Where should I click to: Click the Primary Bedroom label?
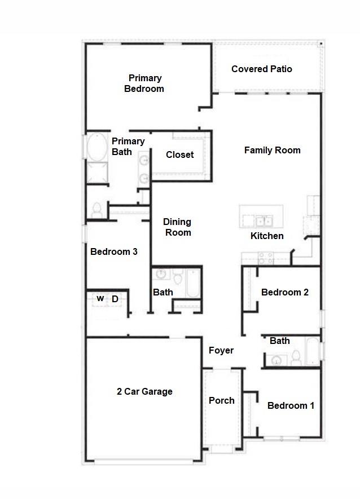pyautogui.click(x=144, y=83)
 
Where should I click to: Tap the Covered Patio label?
pyautogui.click(x=262, y=69)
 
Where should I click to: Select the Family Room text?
pyautogui.click(x=272, y=151)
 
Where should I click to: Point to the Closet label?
pyautogui.click(x=179, y=155)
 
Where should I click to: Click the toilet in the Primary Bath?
pyautogui.click(x=96, y=210)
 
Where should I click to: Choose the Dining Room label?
pyautogui.click(x=177, y=227)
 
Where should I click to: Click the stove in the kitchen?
pyautogui.click(x=266, y=258)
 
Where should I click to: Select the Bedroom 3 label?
pyautogui.click(x=114, y=252)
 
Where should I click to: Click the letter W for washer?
pyautogui.click(x=100, y=299)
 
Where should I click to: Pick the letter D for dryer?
pyautogui.click(x=115, y=299)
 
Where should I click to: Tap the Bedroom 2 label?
pyautogui.click(x=284, y=293)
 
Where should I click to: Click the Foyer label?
pyautogui.click(x=221, y=351)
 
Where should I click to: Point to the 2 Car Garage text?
pyautogui.click(x=144, y=392)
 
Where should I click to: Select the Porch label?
pyautogui.click(x=222, y=401)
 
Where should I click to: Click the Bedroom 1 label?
pyautogui.click(x=291, y=406)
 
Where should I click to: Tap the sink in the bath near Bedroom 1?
pyautogui.click(x=276, y=360)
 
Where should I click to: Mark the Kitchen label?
pyautogui.click(x=267, y=236)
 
